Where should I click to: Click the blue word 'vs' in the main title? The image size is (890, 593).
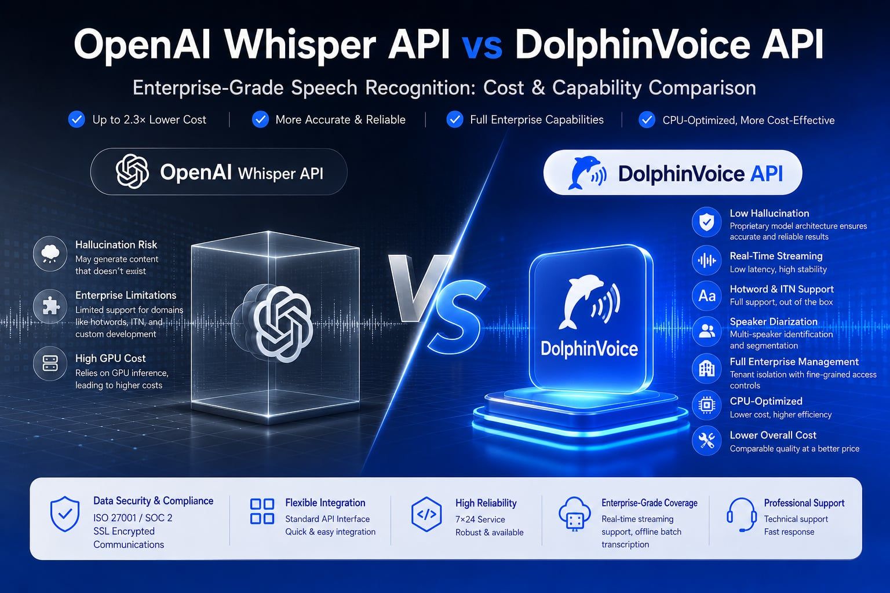482,47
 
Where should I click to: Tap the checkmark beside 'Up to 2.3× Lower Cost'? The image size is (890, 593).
76,119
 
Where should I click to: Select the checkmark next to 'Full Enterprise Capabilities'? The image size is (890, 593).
454,119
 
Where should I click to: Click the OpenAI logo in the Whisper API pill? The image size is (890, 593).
132,171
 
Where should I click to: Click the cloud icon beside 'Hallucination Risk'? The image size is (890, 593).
50,254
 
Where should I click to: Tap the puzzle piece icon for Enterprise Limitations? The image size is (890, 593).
50,306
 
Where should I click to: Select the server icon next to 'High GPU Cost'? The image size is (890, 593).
50,364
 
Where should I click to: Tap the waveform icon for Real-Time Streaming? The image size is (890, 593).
706,261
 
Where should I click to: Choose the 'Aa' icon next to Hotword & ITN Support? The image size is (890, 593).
706,295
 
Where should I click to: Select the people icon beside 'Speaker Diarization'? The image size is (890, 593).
706,331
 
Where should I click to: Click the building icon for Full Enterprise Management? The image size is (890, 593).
706,368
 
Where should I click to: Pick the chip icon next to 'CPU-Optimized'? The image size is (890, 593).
706,405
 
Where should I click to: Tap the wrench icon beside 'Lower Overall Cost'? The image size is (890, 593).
706,441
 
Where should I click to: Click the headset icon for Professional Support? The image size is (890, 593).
742,515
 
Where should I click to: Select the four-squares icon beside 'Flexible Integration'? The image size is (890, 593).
262,511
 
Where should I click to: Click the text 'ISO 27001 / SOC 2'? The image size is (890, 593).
133,518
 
